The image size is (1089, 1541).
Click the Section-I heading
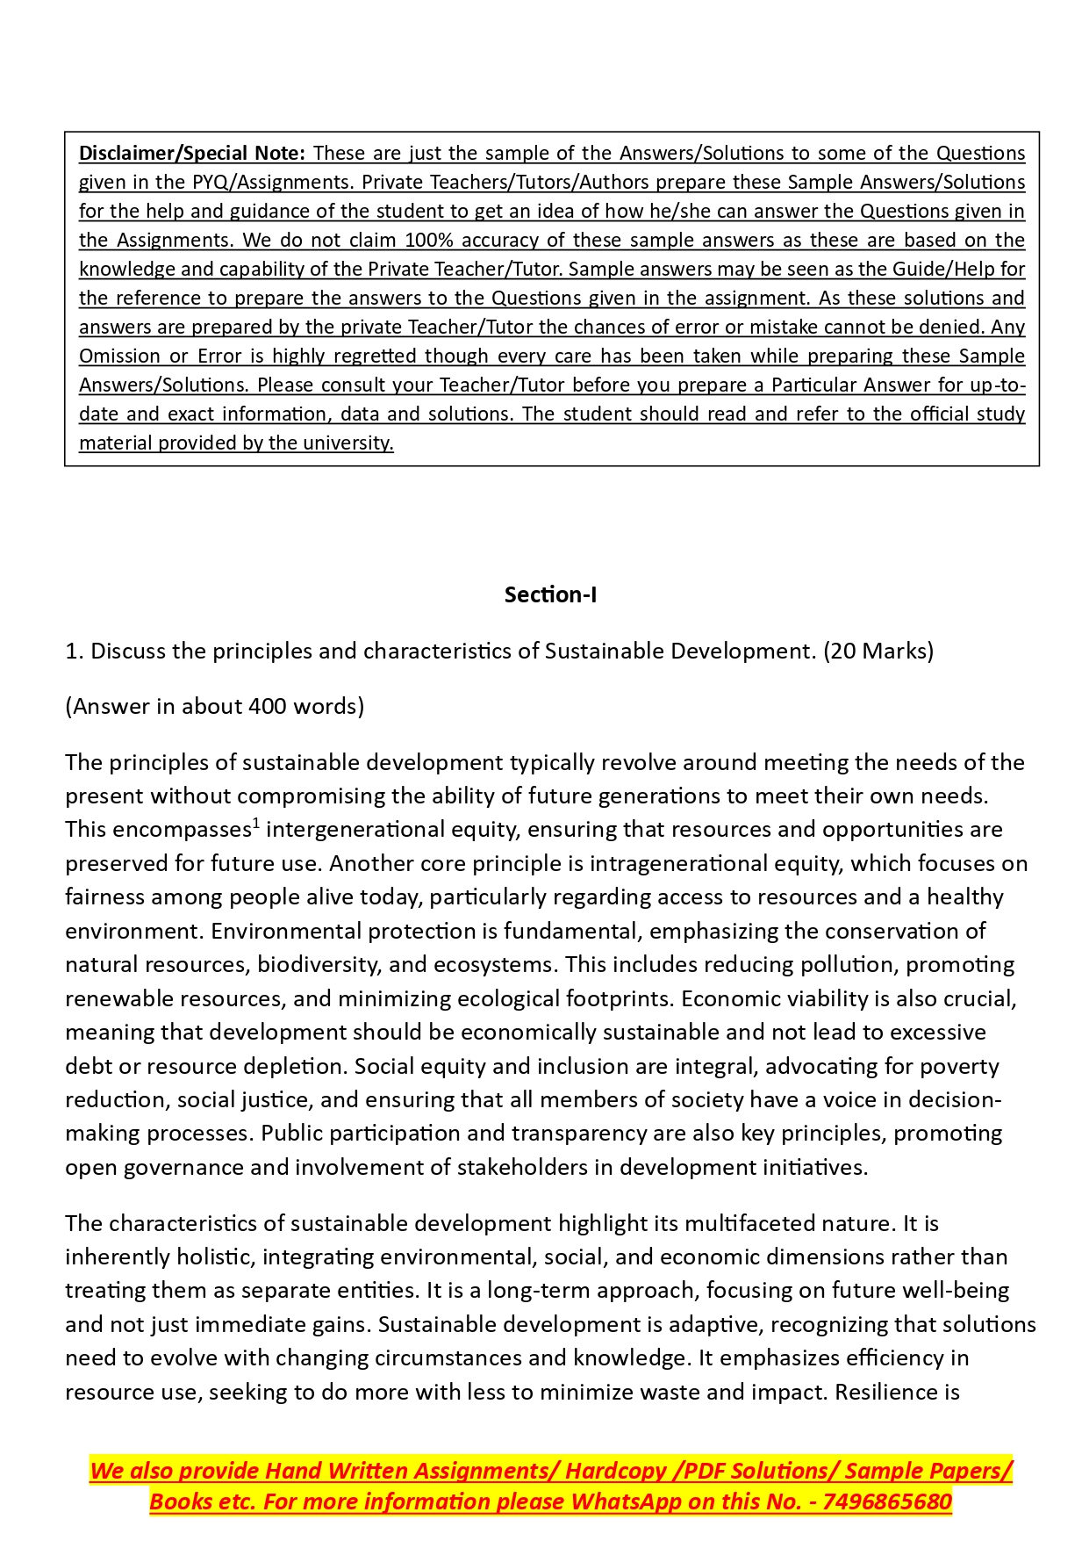(550, 595)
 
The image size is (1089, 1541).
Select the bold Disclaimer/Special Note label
(192, 154)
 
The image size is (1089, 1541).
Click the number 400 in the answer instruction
(271, 707)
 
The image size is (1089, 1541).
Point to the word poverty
(960, 1067)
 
